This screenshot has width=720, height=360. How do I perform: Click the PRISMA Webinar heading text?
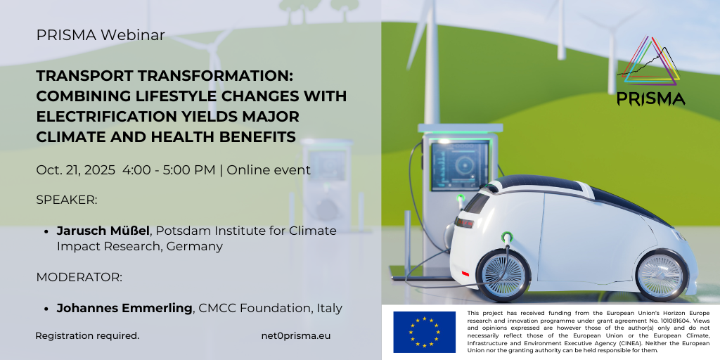point(100,35)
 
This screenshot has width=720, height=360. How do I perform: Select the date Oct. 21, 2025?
point(76,170)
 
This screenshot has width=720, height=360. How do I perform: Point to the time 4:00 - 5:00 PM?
point(169,170)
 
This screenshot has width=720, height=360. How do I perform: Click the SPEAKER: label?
point(67,200)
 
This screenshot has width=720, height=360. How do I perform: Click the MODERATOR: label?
point(79,277)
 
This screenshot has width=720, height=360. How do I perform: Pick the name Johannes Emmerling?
point(124,308)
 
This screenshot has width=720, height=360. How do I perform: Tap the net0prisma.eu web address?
point(296,335)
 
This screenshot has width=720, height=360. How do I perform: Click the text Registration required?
point(87,335)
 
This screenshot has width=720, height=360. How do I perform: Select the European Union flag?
point(424,332)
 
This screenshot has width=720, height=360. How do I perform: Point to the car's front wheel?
point(661,276)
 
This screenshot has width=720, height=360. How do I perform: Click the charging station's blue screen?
point(460,166)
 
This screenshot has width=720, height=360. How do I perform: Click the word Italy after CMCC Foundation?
point(329,308)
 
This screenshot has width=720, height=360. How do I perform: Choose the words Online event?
point(269,170)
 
